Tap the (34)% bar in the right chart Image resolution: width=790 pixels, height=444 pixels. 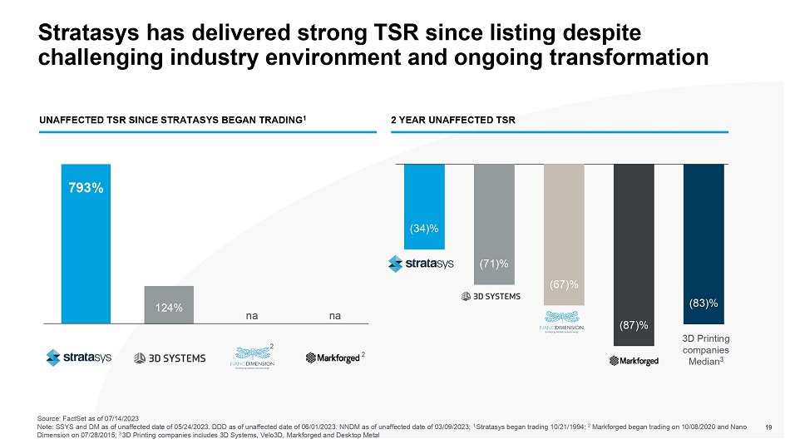pos(424,206)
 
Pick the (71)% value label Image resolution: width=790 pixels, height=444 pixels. pos(494,264)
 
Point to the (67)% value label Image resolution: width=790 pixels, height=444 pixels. pos(564,285)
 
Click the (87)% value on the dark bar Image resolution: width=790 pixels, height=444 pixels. pos(634,324)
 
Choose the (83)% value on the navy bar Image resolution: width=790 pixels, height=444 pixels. pos(704,303)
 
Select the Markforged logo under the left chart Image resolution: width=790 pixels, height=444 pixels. pos(332,358)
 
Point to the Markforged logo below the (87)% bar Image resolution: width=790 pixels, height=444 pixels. pos(634,360)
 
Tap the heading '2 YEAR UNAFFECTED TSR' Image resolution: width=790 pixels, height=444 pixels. pos(453,121)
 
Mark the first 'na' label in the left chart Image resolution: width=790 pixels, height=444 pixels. pos(251,316)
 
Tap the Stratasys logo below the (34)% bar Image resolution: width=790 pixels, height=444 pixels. pos(422,264)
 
